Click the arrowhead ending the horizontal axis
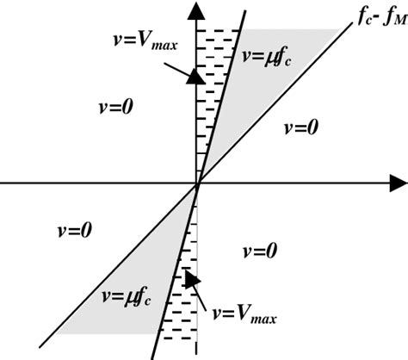point(397,183)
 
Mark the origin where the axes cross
point(199,183)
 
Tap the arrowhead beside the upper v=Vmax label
point(196,76)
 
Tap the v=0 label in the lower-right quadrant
point(260,251)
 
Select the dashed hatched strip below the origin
point(190,284)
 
